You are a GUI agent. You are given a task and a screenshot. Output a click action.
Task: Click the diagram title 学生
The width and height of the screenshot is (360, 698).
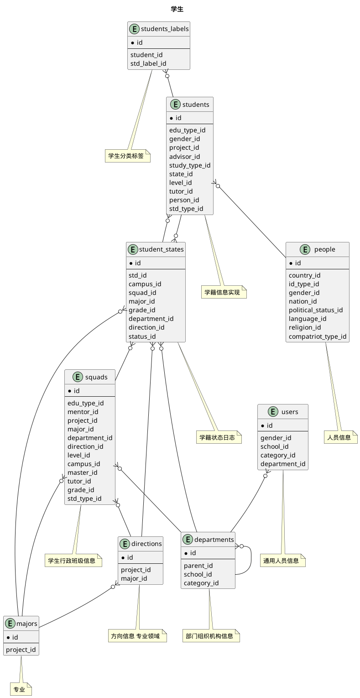177,9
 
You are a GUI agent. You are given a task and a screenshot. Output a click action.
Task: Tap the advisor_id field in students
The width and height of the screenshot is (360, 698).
184,157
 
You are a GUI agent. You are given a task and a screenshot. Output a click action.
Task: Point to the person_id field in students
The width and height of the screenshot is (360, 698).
184,200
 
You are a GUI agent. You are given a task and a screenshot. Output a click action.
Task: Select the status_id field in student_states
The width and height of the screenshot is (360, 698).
142,336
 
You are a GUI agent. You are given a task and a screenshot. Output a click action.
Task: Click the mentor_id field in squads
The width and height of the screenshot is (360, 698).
83,412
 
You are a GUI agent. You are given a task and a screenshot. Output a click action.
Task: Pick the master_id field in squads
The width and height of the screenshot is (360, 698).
82,472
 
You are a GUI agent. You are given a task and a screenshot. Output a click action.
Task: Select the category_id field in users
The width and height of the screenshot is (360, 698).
278,455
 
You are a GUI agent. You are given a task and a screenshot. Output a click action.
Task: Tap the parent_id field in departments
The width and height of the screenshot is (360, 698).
198,566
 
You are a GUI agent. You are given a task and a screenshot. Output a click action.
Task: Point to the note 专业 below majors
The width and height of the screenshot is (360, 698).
19,689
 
